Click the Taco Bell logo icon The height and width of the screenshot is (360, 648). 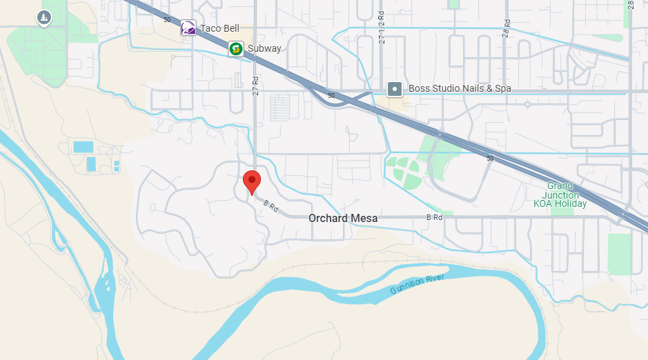[188, 28]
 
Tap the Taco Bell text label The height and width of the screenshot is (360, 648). [219, 28]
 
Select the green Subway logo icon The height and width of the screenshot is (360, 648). [236, 48]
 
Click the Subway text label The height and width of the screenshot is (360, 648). [264, 48]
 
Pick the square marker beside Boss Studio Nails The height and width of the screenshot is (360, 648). [394, 88]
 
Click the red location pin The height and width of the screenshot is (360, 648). [252, 182]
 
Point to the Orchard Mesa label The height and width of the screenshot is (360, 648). [343, 218]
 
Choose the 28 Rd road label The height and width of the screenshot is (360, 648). [506, 28]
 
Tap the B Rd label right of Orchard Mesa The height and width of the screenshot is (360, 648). [434, 217]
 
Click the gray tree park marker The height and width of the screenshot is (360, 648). [44, 17]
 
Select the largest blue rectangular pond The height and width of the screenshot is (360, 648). [83, 147]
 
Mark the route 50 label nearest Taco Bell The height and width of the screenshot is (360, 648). [167, 19]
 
